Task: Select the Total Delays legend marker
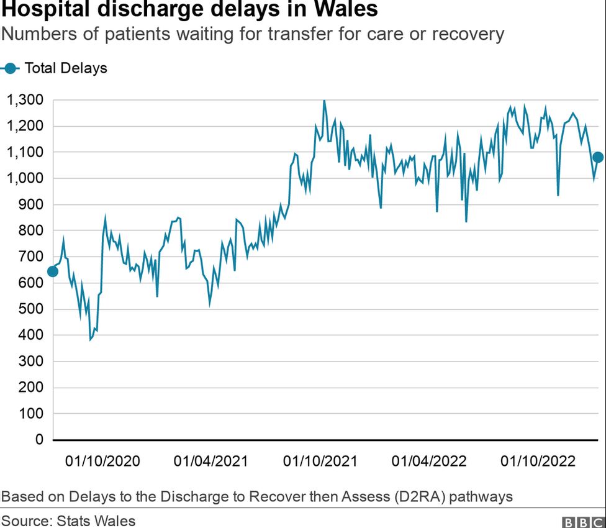[10, 68]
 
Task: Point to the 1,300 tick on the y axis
[25, 100]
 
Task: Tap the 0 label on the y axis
[38, 440]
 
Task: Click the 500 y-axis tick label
[30, 309]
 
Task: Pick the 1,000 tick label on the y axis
[25, 178]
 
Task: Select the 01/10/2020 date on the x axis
[102, 461]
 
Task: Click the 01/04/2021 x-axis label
[211, 461]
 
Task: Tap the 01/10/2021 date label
[320, 461]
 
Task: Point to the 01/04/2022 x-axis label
[429, 461]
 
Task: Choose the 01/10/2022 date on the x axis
[538, 461]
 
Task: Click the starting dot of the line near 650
[53, 271]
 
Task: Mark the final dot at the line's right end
[598, 157]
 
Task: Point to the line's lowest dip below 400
[91, 339]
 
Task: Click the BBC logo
[583, 521]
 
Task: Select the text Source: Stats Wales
[68, 520]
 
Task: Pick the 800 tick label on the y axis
[30, 230]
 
